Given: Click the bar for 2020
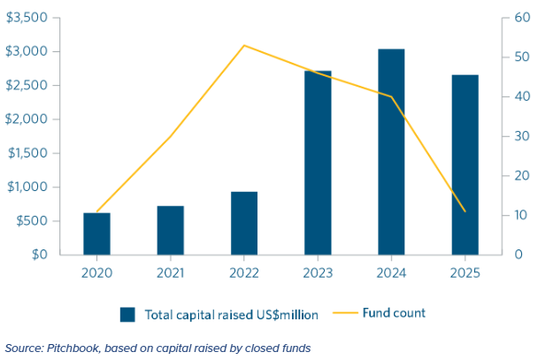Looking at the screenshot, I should (x=97, y=234).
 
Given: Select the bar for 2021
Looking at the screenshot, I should (x=171, y=230).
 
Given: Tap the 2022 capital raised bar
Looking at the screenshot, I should (x=244, y=223).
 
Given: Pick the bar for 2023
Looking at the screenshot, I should (x=318, y=163).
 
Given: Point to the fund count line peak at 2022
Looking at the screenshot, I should (x=244, y=45).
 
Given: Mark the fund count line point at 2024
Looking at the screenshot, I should (x=391, y=96).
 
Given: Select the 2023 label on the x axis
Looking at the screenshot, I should (x=318, y=273).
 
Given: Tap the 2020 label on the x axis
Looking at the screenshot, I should (x=97, y=273).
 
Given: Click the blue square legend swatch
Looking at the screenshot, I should (x=127, y=313).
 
